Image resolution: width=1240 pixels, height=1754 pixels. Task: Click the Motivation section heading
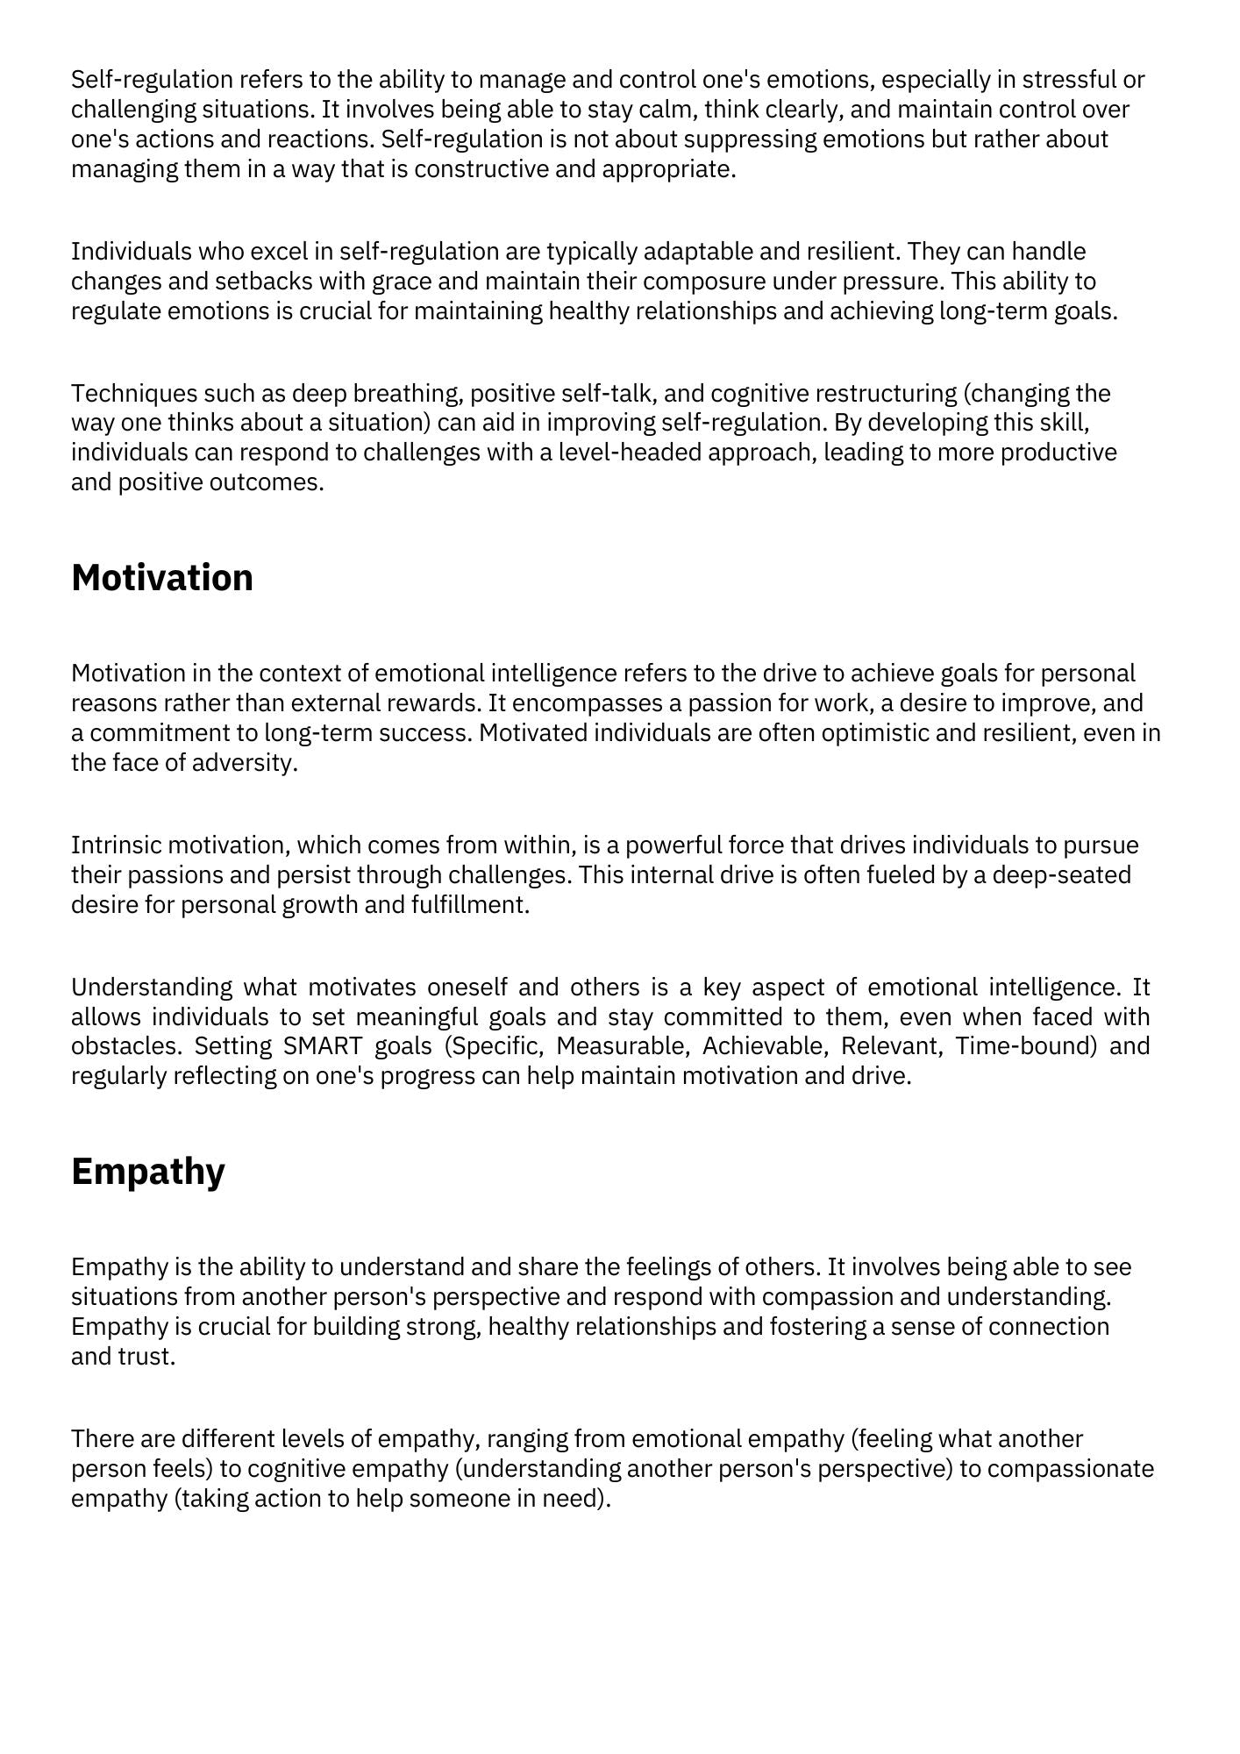(x=162, y=578)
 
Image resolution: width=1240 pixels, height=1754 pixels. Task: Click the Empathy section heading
(x=148, y=1172)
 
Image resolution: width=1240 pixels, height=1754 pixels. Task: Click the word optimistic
(x=874, y=732)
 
